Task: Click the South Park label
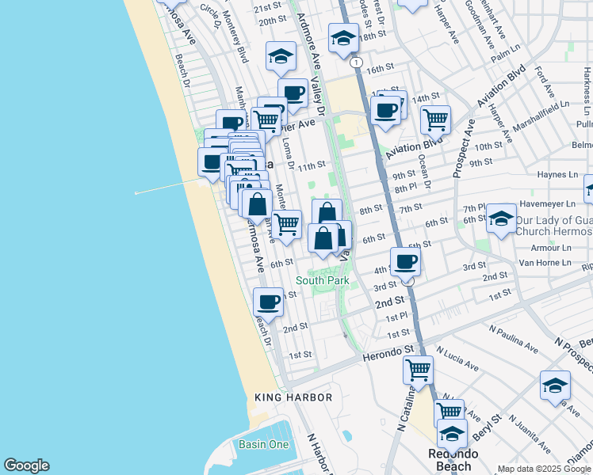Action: pyautogui.click(x=322, y=281)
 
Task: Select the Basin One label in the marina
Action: pyautogui.click(x=264, y=444)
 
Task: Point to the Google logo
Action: pyautogui.click(x=26, y=465)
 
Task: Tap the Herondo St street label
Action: pyautogui.click(x=389, y=354)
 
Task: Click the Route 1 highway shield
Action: pyautogui.click(x=357, y=62)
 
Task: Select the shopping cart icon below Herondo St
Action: pyautogui.click(x=418, y=368)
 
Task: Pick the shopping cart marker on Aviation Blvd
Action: pyautogui.click(x=435, y=119)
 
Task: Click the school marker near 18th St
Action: pyautogui.click(x=343, y=38)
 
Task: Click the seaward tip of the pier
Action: pyautogui.click(x=136, y=192)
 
